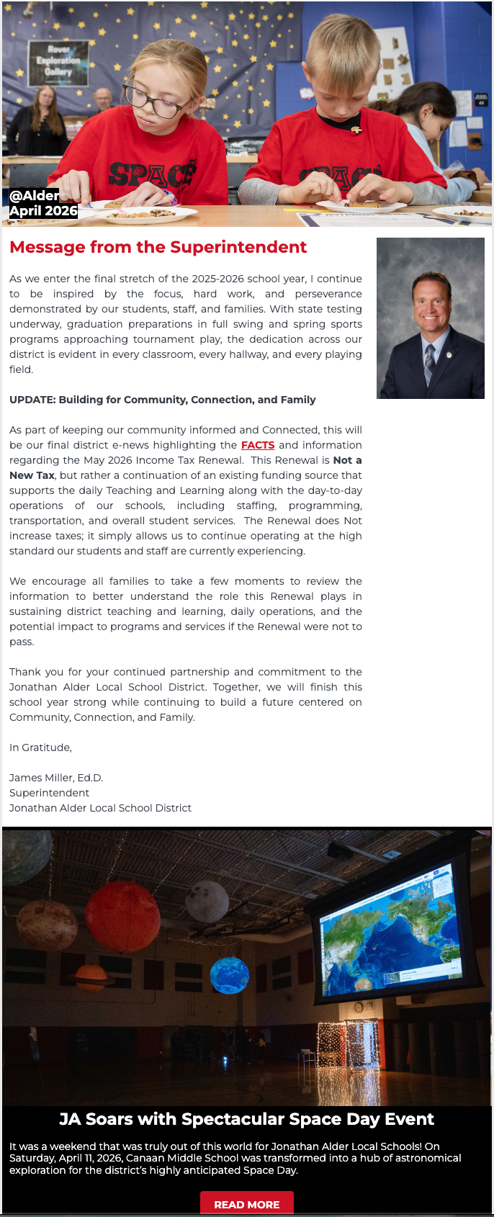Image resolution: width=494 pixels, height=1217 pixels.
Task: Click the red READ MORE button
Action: pyautogui.click(x=246, y=1204)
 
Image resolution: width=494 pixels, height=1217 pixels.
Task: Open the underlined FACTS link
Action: pyautogui.click(x=258, y=445)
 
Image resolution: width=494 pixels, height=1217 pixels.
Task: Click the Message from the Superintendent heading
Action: pyautogui.click(x=158, y=247)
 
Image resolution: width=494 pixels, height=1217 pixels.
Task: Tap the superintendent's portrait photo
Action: pyautogui.click(x=430, y=318)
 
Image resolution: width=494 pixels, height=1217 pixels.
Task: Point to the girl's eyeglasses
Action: pyautogui.click(x=153, y=100)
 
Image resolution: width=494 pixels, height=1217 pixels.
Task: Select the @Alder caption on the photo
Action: pyautogui.click(x=34, y=195)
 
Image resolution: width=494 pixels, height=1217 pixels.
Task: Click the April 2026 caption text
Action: pyautogui.click(x=43, y=210)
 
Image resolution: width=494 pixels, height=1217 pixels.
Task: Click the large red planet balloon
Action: pyautogui.click(x=122, y=915)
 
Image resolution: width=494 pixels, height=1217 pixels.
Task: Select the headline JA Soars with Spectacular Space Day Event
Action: pyautogui.click(x=246, y=1118)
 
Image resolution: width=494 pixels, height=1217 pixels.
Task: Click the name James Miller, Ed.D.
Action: pyautogui.click(x=56, y=778)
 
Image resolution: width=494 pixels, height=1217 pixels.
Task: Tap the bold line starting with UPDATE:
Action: pyautogui.click(x=163, y=400)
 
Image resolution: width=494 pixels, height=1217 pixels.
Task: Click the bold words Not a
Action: pyautogui.click(x=347, y=460)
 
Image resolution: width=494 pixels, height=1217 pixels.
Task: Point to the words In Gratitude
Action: pyautogui.click(x=40, y=747)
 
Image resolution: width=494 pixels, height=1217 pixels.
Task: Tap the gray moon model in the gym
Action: pyautogui.click(x=207, y=901)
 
